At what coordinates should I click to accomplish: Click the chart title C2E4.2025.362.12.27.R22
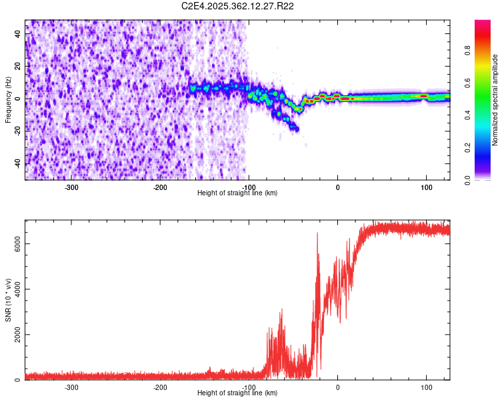pyautogui.click(x=238, y=6)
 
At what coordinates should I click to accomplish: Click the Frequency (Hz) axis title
pyautogui.click(x=8, y=100)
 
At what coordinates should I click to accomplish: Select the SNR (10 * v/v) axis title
pyautogui.click(x=8, y=301)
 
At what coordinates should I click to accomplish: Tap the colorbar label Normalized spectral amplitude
pyautogui.click(x=495, y=100)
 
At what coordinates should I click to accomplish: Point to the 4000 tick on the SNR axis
pyautogui.click(x=13, y=289)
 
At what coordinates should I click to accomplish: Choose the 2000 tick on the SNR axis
pyautogui.click(x=13, y=335)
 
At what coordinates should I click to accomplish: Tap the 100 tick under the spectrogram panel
pyautogui.click(x=425, y=187)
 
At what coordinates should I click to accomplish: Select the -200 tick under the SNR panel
pyautogui.click(x=160, y=387)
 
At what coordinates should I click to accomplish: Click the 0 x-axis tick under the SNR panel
pyautogui.click(x=337, y=387)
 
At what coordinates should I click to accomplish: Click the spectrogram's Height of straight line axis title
pyautogui.click(x=238, y=193)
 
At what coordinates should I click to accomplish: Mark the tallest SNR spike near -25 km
pyautogui.click(x=317, y=233)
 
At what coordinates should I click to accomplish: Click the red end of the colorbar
pyautogui.click(x=482, y=24)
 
